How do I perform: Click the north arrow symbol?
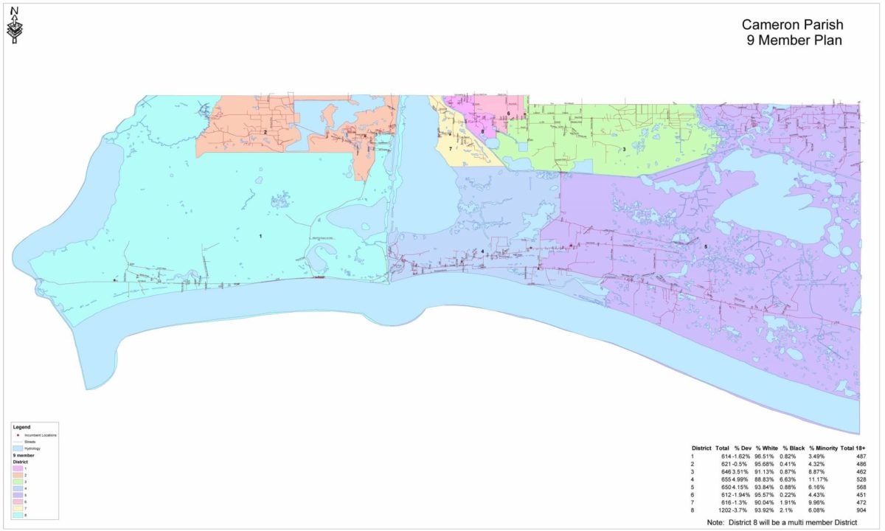click(14, 25)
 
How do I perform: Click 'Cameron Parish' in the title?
click(791, 26)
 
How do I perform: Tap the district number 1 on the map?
click(260, 236)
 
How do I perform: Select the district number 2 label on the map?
click(265, 132)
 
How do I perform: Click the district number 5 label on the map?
click(706, 246)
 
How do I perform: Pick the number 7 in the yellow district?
click(450, 149)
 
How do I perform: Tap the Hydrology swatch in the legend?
click(17, 448)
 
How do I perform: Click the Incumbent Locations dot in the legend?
click(17, 435)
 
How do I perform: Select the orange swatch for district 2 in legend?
click(17, 476)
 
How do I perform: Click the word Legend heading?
click(21, 427)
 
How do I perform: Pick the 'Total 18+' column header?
click(852, 448)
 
